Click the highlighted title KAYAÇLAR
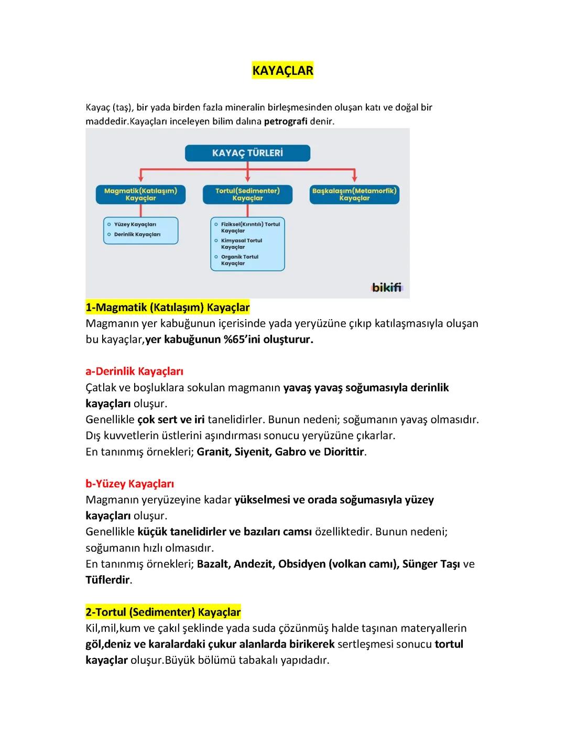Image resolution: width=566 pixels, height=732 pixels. (282, 71)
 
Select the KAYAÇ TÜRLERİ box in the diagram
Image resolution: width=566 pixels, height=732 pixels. (247, 153)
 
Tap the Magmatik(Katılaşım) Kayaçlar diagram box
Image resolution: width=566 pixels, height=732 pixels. (140, 194)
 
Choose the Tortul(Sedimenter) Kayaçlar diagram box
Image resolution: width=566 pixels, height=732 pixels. (247, 194)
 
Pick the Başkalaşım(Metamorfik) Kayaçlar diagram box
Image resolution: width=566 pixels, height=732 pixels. (354, 194)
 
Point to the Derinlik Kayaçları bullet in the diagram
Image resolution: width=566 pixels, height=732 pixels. (137, 235)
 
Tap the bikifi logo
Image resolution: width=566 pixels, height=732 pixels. (387, 287)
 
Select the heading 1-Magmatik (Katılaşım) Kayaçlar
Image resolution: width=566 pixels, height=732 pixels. (168, 307)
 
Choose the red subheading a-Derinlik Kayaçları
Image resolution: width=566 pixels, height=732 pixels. (134, 372)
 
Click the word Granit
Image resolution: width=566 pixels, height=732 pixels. (213, 452)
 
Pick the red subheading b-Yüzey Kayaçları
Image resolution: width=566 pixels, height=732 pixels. (129, 484)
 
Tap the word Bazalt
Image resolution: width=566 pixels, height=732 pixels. (213, 564)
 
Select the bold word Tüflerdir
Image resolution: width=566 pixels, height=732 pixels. (107, 580)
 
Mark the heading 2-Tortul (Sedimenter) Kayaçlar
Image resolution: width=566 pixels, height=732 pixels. (163, 612)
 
